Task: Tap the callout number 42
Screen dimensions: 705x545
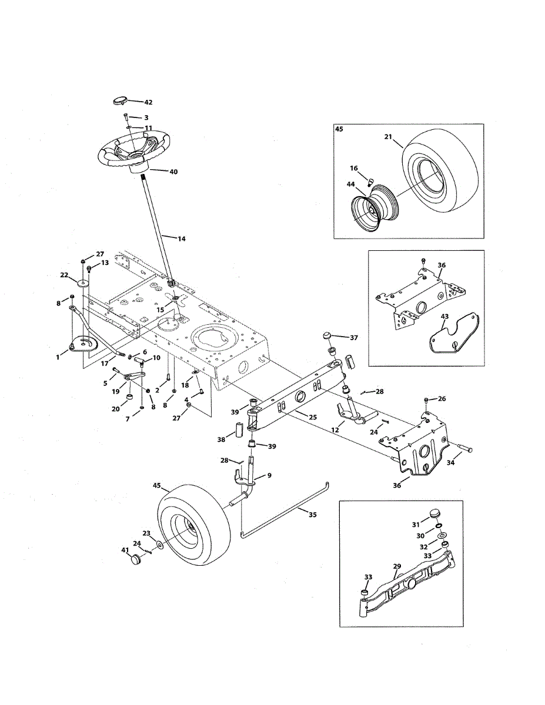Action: [x=148, y=102]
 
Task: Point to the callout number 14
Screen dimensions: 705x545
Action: [x=181, y=239]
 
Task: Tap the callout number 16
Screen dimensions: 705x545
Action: [x=353, y=168]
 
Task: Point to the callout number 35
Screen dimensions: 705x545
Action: [x=313, y=515]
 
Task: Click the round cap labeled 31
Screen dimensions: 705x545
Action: [x=436, y=513]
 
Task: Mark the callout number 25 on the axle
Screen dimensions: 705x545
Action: [x=313, y=417]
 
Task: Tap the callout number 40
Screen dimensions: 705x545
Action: [x=173, y=172]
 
